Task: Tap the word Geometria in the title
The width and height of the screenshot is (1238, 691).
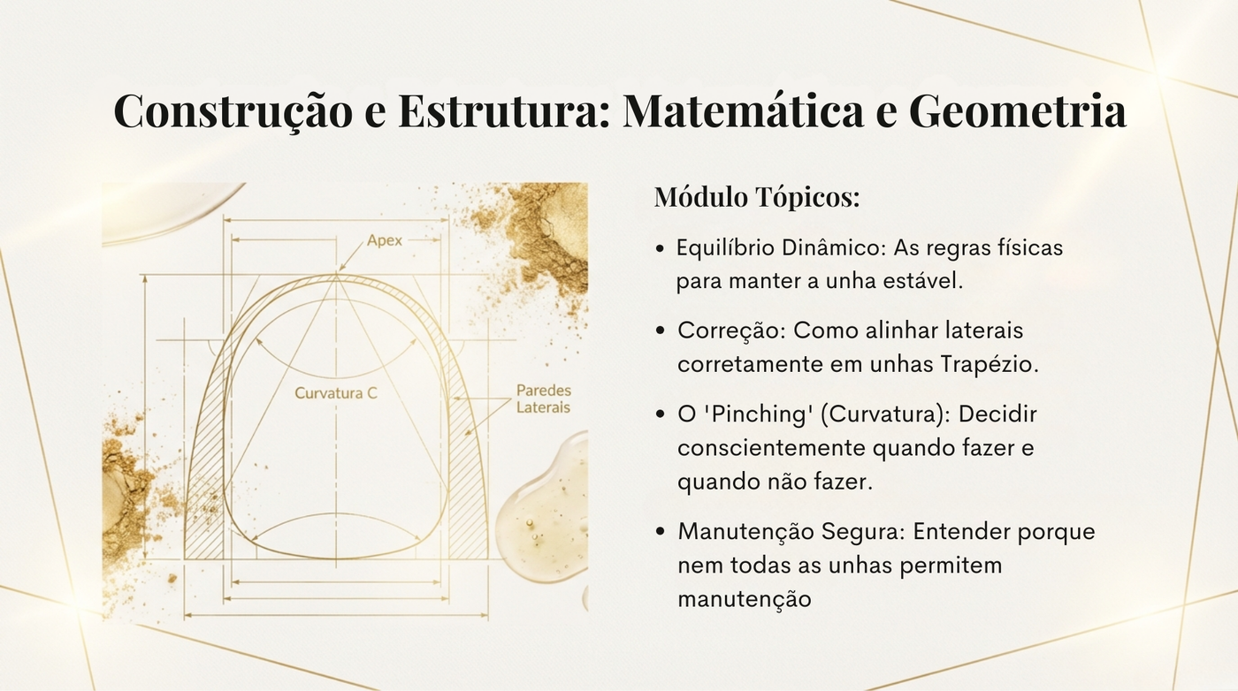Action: coord(1018,110)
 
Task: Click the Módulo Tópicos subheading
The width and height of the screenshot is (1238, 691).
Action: coord(757,197)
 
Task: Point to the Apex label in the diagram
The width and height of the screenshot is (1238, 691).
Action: coord(385,241)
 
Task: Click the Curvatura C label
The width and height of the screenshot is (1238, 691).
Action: coord(335,392)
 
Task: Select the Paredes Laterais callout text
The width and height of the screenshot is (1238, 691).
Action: coord(543,399)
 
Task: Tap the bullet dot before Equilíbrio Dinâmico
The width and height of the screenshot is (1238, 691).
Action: coord(660,249)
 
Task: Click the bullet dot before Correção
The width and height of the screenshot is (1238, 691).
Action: coord(660,331)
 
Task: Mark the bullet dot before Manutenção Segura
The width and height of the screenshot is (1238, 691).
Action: coord(660,532)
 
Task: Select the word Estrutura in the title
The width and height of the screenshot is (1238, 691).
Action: coord(503,110)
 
